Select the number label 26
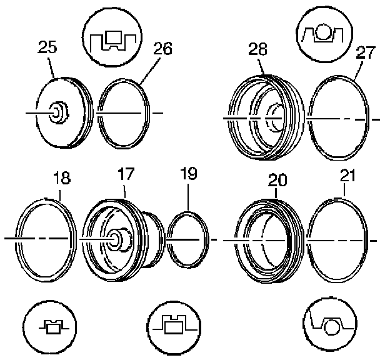[x=161, y=48]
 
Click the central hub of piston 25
[x=57, y=113]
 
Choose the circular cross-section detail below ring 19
[x=173, y=326]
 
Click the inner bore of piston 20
[x=270, y=241]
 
